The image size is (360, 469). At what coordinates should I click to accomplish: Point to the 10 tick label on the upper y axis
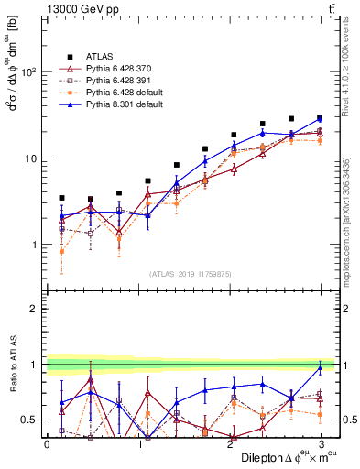pyautogui.click(x=31, y=158)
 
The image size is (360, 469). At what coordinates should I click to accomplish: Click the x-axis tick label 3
pyautogui.click(x=321, y=443)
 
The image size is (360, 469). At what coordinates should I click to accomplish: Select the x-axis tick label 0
pyautogui.click(x=47, y=443)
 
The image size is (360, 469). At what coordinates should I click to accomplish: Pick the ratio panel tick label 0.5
pyautogui.click(x=31, y=420)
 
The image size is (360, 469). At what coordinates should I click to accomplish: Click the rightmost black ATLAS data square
pyautogui.click(x=320, y=117)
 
